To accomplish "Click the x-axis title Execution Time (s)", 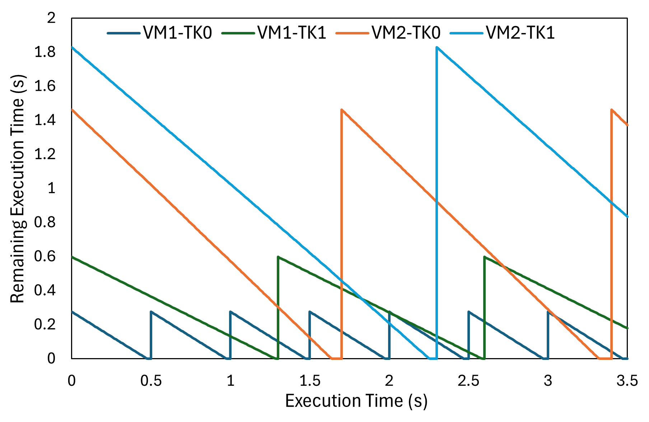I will click(356, 401).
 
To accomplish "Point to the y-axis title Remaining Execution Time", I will click(17, 189).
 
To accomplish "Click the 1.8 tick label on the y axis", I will click(45, 52).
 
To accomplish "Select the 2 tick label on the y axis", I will click(51, 18).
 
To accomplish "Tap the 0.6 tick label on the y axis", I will click(45, 257).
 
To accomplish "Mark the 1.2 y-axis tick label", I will click(45, 154).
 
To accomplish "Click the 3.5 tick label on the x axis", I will click(627, 380).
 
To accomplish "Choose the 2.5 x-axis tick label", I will click(468, 380).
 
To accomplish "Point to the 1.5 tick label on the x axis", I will click(310, 380).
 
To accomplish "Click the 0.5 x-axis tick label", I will click(151, 380).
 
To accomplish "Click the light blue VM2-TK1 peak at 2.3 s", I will click(437, 47).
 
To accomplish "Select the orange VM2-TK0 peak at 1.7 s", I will click(341, 109).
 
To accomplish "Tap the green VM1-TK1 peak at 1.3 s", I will click(278, 257).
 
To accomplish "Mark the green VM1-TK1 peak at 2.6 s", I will click(485, 257).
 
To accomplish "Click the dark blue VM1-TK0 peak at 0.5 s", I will click(151, 311).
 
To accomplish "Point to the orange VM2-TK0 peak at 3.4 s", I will click(611, 109).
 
